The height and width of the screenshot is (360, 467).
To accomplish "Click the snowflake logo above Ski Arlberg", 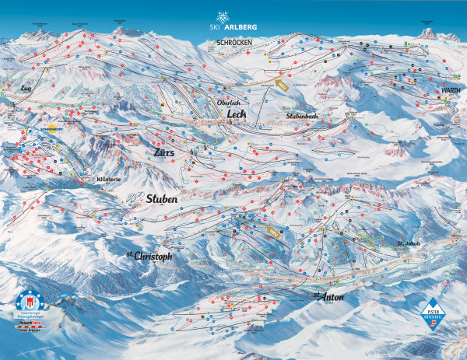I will click(x=223, y=17).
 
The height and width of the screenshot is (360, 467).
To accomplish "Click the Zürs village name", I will click(x=164, y=152).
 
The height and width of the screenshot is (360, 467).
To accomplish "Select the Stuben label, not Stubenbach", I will click(x=162, y=198).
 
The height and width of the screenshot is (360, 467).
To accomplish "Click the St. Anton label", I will click(x=328, y=298).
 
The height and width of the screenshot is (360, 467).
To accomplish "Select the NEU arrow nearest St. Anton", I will click(x=273, y=232).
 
